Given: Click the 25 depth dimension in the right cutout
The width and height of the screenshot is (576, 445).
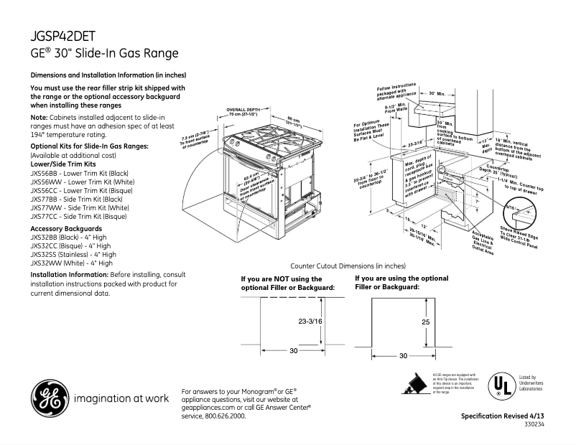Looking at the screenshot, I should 425,322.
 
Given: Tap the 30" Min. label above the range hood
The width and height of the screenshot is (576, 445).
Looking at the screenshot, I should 437,94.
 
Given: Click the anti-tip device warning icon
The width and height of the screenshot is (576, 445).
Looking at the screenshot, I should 416,385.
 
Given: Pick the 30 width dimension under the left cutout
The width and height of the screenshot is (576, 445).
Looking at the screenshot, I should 293,351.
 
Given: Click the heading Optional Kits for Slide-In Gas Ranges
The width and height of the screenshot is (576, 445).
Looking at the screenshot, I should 89,146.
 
